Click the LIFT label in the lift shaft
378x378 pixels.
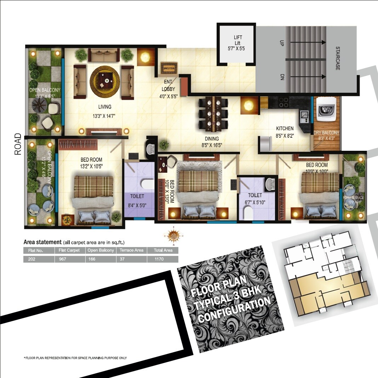coord(238,38)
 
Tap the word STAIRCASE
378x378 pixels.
coord(338,58)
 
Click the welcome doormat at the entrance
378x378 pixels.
coord(168,67)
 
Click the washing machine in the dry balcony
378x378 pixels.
coord(326,110)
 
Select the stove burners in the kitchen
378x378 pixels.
coord(284,102)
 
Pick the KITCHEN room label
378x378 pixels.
coord(285,128)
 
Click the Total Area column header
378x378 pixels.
coord(163,250)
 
